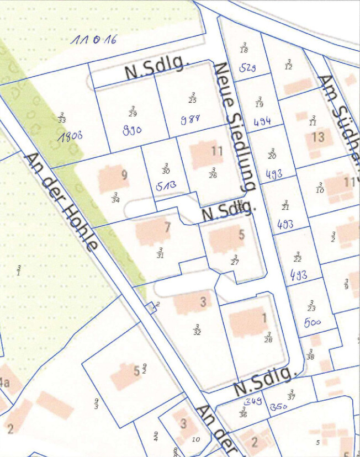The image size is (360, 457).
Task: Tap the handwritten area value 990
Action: click(x=132, y=130)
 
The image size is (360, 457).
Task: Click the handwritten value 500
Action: click(x=312, y=322)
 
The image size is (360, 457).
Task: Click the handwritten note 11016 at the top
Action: click(x=94, y=40)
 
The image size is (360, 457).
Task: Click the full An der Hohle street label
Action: click(x=61, y=201)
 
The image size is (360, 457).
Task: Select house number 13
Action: click(x=317, y=136)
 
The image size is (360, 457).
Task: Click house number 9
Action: click(x=124, y=175)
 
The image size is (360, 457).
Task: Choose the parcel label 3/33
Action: click(x=61, y=118)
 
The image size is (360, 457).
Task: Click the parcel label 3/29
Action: click(x=132, y=111)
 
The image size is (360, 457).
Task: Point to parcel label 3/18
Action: click(x=244, y=47)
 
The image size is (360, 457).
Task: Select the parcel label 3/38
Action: click(x=310, y=354)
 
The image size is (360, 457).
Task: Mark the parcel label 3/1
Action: click(x=18, y=270)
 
